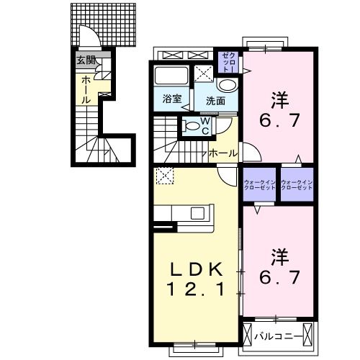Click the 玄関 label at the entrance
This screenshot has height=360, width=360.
[86, 60]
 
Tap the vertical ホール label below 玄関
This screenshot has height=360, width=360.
[86, 90]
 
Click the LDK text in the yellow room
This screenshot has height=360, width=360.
[194, 270]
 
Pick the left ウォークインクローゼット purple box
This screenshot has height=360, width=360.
[260, 186]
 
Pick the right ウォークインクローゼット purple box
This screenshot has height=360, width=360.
[297, 186]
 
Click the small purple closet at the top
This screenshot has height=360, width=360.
[228, 60]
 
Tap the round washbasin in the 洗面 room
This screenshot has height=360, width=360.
[228, 85]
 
